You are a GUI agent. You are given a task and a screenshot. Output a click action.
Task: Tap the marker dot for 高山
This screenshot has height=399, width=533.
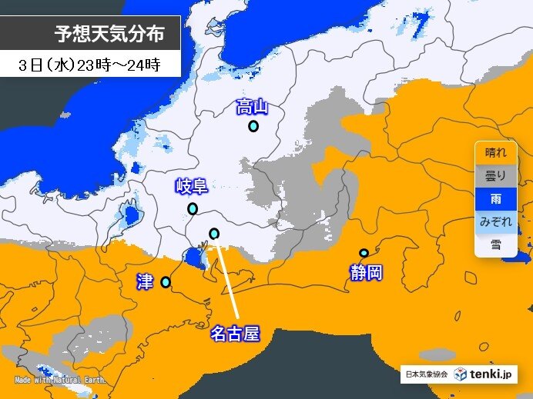(253, 126)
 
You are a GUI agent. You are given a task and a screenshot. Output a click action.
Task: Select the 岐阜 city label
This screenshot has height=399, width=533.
(192, 186)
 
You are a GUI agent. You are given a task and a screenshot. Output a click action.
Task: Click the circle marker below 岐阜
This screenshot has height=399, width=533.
(193, 208)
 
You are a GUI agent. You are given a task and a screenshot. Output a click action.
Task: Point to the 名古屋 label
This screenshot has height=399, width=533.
(234, 334)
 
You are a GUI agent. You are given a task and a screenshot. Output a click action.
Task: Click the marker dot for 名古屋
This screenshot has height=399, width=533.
(214, 234)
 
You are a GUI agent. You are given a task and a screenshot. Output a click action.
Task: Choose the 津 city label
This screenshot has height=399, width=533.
(144, 281)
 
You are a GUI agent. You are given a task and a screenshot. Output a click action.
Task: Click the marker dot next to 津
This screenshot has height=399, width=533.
(165, 282)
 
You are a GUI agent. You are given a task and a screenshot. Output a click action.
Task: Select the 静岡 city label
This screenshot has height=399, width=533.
(365, 272)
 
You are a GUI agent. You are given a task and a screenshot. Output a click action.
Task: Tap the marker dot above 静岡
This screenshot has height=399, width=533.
(364, 253)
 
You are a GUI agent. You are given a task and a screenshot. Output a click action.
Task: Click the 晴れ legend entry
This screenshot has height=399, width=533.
(495, 152)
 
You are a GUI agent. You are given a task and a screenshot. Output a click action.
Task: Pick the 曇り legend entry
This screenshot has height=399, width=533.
(495, 175)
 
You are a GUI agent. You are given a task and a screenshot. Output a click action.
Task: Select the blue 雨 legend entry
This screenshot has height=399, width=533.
(495, 198)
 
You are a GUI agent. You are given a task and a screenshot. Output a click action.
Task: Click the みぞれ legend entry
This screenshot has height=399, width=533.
(495, 221)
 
